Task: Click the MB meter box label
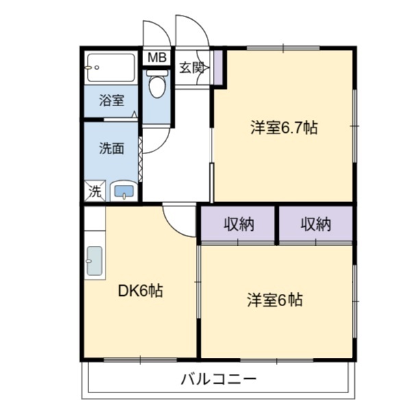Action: click(157, 58)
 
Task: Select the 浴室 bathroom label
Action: click(111, 101)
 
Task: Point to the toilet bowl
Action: click(157, 85)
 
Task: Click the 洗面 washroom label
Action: click(111, 148)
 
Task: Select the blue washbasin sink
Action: click(123, 192)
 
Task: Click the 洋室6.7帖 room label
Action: click(283, 127)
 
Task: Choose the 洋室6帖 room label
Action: click(275, 299)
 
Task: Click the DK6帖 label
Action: click(140, 290)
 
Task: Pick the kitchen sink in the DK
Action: click(95, 261)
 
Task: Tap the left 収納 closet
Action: click(238, 224)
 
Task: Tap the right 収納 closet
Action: click(314, 224)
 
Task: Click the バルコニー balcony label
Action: click(219, 379)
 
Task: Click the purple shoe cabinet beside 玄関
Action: click(218, 66)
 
